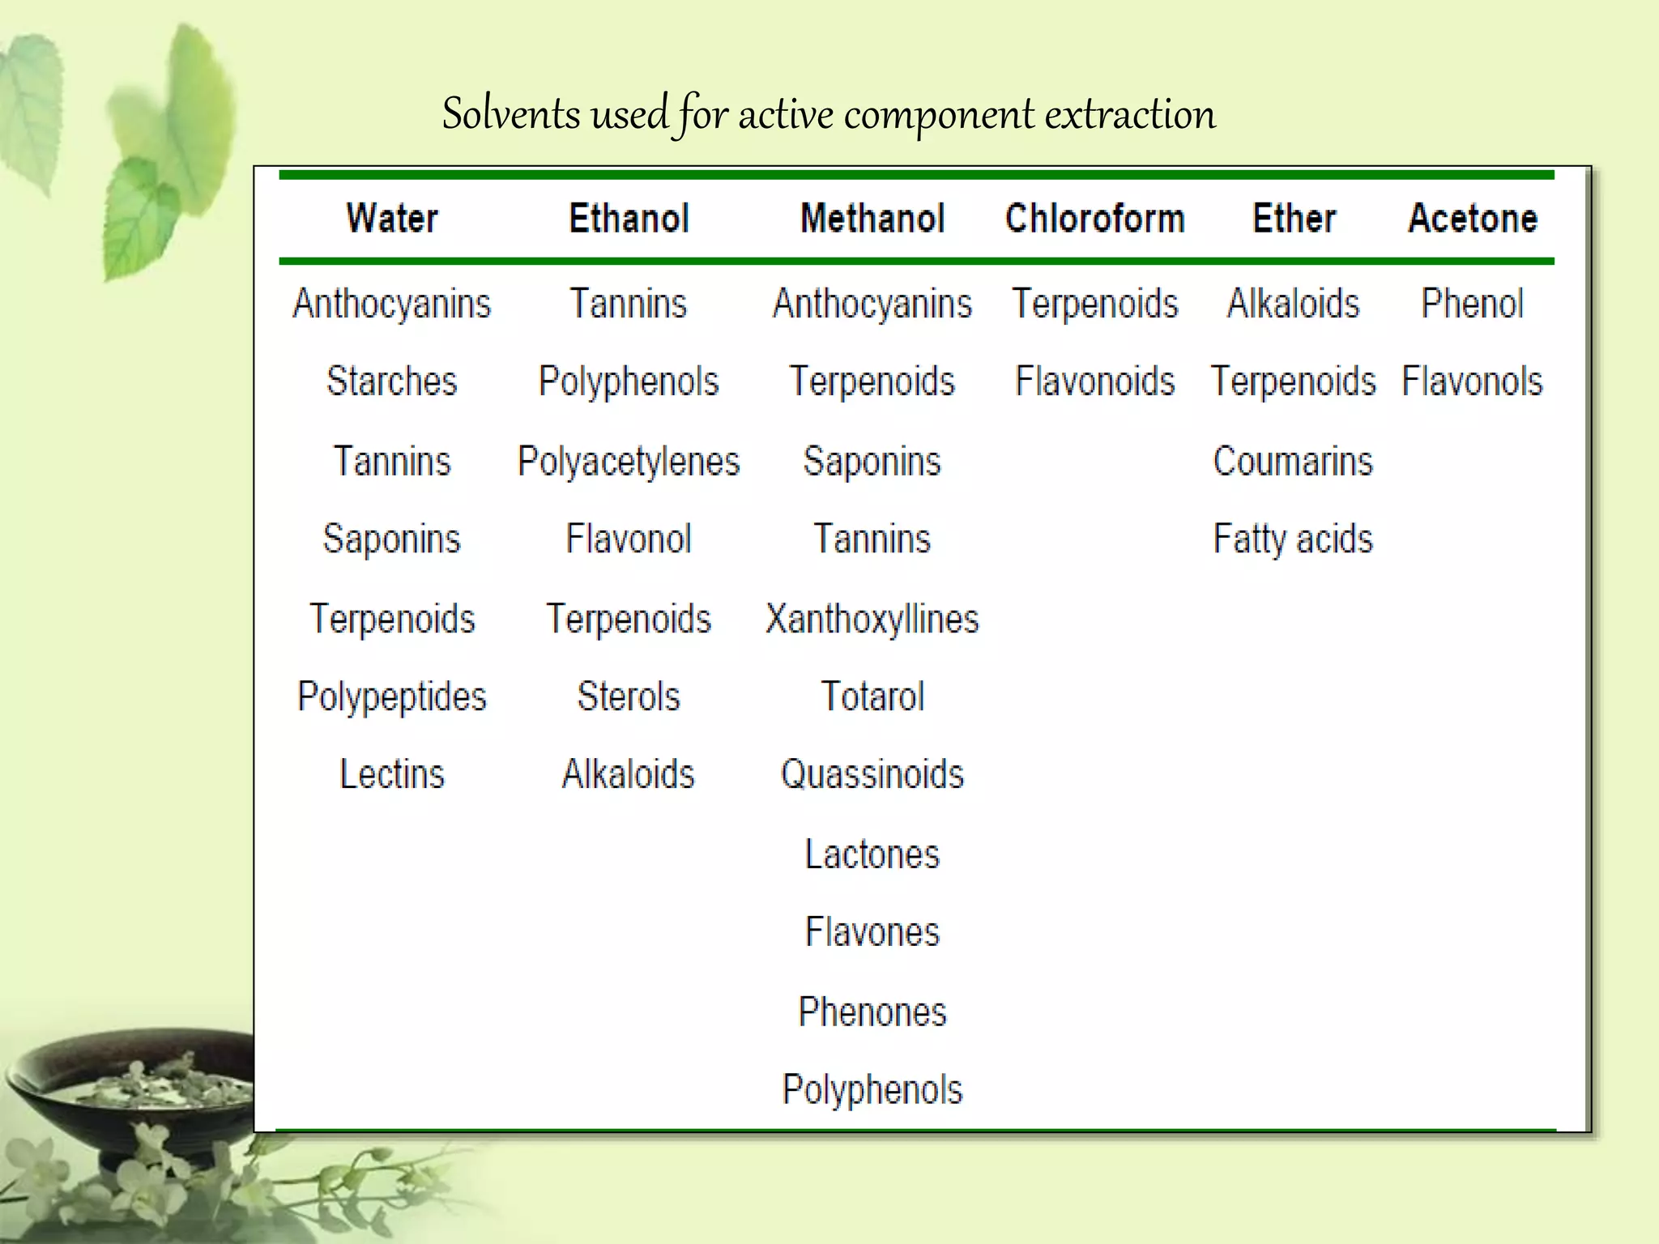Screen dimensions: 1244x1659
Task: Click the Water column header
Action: point(392,219)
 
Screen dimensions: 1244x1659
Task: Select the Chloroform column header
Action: point(1094,219)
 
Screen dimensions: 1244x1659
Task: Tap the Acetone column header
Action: point(1472,219)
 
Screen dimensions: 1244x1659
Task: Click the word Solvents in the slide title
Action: point(511,113)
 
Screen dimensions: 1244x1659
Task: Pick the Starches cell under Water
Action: point(392,381)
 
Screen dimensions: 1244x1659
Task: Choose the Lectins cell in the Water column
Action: point(392,774)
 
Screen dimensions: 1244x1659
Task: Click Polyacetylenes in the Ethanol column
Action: point(629,462)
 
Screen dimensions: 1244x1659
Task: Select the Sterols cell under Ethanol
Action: point(629,697)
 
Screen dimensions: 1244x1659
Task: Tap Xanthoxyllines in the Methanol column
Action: point(872,620)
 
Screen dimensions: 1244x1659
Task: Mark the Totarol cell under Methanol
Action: point(872,697)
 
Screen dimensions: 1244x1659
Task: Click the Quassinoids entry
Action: point(872,774)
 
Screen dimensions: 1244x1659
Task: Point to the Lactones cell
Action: point(872,854)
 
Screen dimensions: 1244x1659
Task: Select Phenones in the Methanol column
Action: point(872,1012)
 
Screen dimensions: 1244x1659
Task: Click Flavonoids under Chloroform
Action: point(1094,381)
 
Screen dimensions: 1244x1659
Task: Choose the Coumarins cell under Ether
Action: point(1293,462)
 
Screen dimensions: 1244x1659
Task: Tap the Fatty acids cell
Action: point(1293,539)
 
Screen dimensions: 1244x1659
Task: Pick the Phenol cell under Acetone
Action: point(1472,304)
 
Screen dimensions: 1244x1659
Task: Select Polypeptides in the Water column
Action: point(392,697)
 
